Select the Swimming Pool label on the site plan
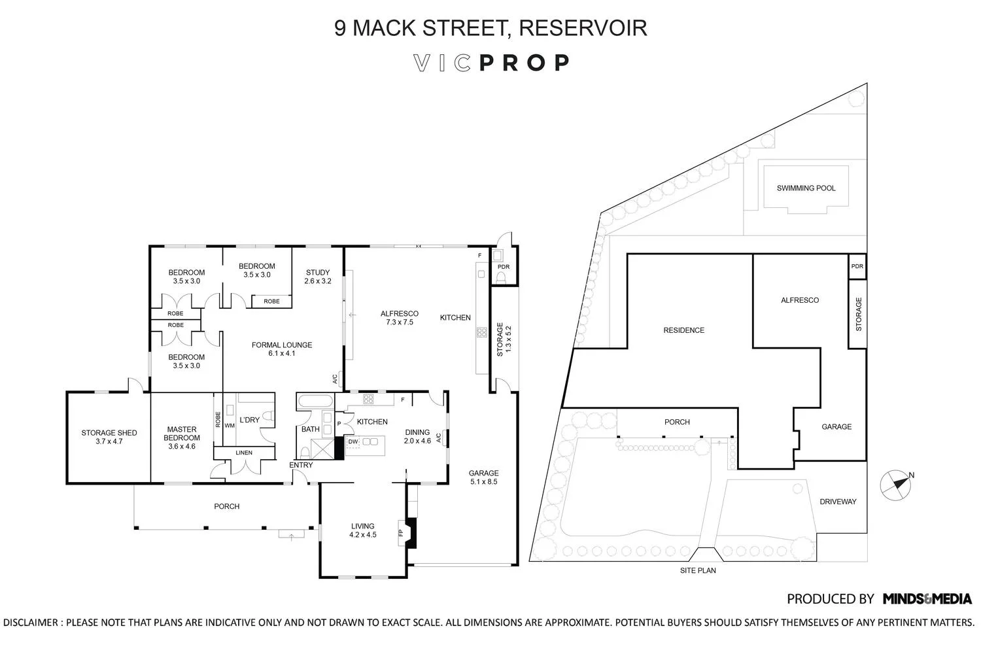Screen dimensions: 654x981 click(x=806, y=188)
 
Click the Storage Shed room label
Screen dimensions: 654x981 click(x=109, y=433)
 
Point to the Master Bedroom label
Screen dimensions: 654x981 click(x=181, y=434)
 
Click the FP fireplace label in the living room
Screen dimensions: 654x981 click(x=401, y=532)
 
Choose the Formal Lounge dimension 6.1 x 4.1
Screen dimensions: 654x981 click(x=282, y=354)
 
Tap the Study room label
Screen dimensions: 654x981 click(x=318, y=273)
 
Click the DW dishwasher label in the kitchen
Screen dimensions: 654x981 click(x=353, y=442)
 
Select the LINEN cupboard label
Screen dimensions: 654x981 click(x=244, y=453)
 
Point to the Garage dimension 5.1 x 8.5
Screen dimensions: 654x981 click(x=483, y=482)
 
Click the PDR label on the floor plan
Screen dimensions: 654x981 click(x=503, y=267)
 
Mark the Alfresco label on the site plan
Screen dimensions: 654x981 click(x=799, y=300)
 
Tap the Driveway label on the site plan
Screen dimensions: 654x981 click(x=838, y=502)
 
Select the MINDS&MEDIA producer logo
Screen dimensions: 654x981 click(x=927, y=598)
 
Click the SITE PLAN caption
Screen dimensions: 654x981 click(x=697, y=570)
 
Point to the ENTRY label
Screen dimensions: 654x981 click(x=301, y=466)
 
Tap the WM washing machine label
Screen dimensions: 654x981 click(x=229, y=426)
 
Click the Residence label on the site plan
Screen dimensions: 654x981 click(x=683, y=330)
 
